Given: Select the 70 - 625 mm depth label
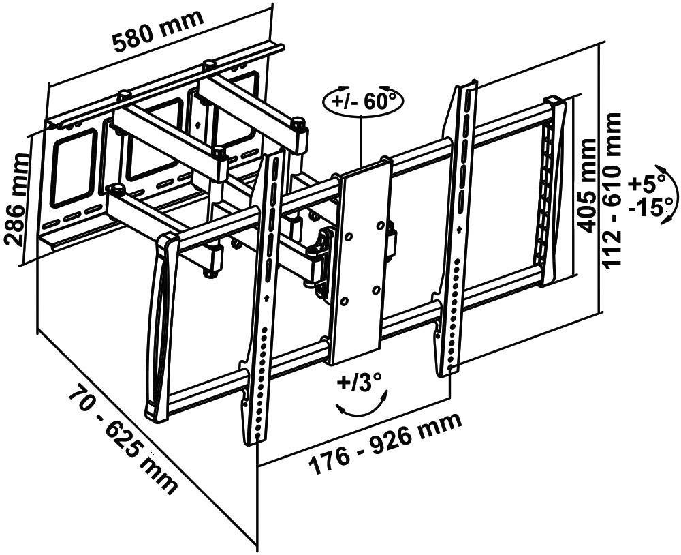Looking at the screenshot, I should click(x=123, y=439).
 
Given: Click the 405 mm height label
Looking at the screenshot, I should click(x=587, y=184).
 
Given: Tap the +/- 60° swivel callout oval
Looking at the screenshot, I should click(x=363, y=102).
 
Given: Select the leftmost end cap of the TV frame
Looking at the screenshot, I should click(x=159, y=327).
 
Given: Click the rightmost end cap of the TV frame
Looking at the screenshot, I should click(x=554, y=191).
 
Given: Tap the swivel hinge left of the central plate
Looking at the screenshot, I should click(x=319, y=262).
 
